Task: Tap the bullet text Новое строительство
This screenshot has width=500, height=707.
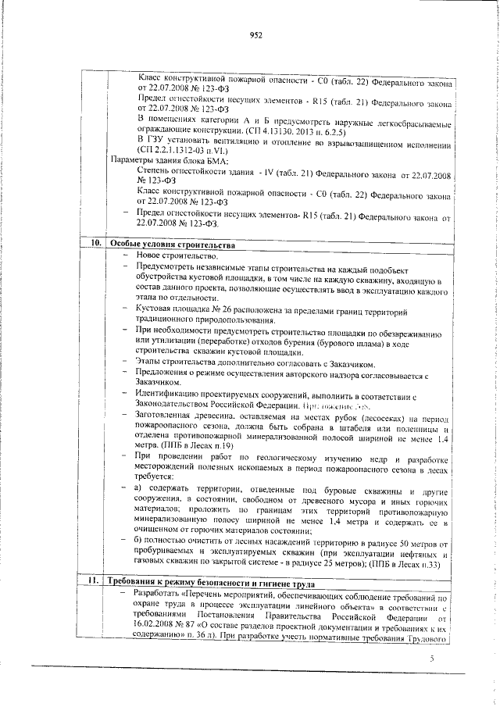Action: point(178,255)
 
